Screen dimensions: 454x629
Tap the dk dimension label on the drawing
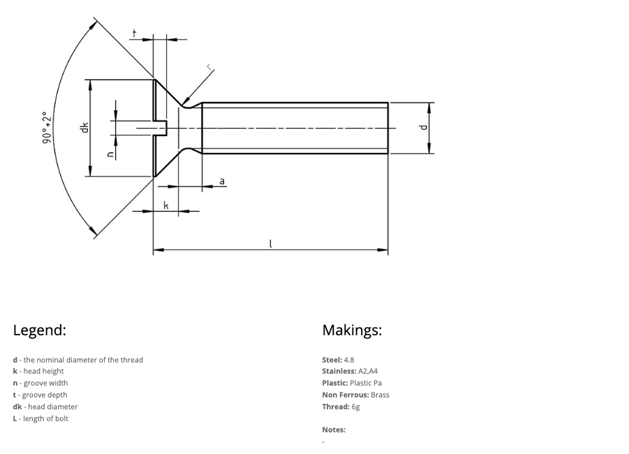pos(84,127)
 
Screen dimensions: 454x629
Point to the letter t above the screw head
pos(134,33)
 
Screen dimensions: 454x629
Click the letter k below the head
pos(166,205)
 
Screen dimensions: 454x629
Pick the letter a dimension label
pos(222,181)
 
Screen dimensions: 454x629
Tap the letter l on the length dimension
pos(271,243)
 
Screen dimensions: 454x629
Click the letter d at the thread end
pos(422,128)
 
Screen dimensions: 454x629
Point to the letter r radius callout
pos(209,68)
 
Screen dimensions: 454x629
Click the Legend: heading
pos(39,330)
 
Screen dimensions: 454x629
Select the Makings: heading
pos(352,330)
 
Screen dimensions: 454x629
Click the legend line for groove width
pos(40,383)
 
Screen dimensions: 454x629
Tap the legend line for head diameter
pos(45,407)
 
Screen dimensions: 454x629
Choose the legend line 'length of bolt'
pos(40,418)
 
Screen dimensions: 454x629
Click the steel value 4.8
pos(349,360)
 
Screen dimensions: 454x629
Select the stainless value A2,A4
pos(368,371)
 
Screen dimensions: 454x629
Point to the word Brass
pos(380,395)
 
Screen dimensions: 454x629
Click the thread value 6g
pos(356,407)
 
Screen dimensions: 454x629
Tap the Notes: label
pos(334,430)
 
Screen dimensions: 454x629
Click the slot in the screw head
pos(161,128)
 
